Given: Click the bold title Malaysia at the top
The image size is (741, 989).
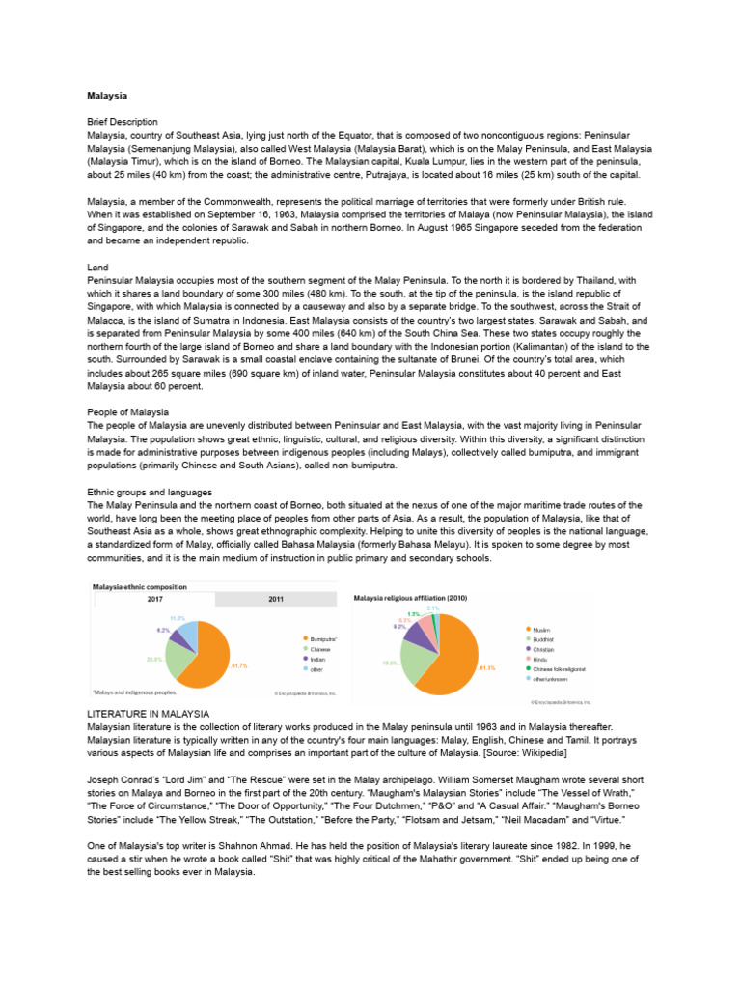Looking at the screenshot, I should (107, 97).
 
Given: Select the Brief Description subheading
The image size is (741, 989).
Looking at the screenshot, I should (123, 123).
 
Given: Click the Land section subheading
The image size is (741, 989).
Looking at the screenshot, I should (97, 267).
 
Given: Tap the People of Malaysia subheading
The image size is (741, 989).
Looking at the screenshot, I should (128, 412).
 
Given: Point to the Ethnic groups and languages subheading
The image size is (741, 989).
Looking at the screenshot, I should (150, 492).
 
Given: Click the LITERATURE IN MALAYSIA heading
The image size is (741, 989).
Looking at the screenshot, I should (149, 714).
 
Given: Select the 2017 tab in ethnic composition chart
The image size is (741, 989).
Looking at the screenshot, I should (153, 599).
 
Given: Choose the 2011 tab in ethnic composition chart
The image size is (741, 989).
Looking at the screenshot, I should (275, 599).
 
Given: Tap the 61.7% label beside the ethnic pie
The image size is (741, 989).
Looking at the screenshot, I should (240, 665).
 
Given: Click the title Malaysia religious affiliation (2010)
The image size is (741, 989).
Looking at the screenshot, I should (412, 599).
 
